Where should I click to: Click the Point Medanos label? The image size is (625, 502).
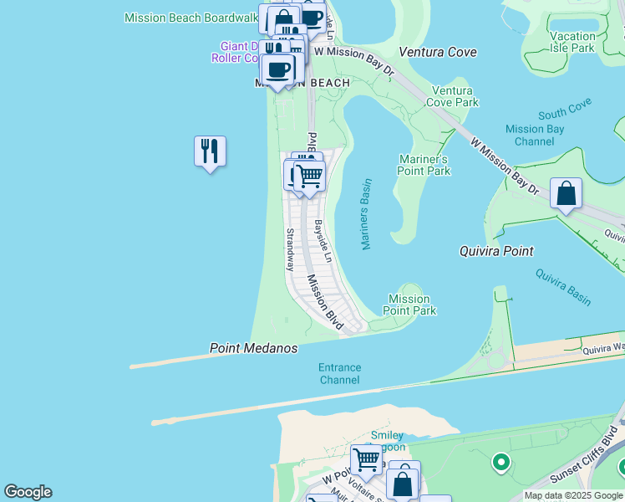[x=253, y=348]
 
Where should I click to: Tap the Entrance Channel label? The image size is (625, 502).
[x=340, y=374]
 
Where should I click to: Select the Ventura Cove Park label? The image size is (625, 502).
[x=452, y=96]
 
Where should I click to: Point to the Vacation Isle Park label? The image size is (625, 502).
[x=573, y=42]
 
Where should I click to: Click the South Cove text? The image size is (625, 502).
[x=565, y=108]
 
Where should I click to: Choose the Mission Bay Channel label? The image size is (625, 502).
[x=536, y=136]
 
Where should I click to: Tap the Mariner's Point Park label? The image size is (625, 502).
[x=424, y=165]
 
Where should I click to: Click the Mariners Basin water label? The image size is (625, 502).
[x=365, y=213]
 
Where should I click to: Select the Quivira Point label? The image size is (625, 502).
[x=496, y=251]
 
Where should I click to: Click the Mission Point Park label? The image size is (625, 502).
[x=409, y=305]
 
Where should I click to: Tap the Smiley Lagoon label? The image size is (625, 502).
[x=387, y=442]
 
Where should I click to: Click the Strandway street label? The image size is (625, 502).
[x=290, y=249]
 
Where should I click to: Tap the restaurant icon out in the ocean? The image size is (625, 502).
[x=210, y=151]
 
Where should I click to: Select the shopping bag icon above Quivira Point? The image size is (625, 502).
[x=566, y=193]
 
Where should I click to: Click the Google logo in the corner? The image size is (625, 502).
[x=28, y=492]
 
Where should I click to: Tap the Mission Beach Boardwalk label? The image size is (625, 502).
[x=191, y=18]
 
